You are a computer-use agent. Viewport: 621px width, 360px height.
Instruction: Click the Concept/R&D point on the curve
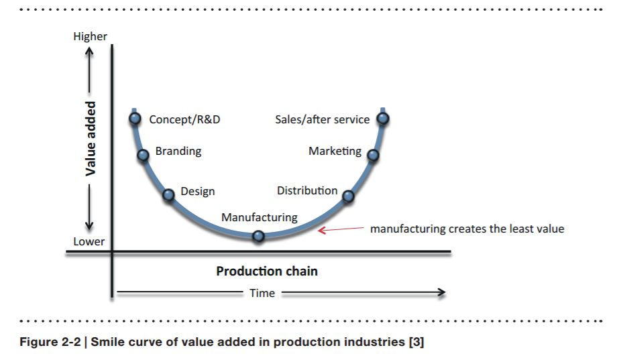[x=135, y=119]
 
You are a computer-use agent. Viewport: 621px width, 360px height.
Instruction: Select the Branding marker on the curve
[x=143, y=156]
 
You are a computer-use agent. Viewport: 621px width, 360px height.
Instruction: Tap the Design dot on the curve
[x=169, y=194]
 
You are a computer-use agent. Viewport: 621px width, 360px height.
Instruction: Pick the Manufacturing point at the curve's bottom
[x=258, y=236]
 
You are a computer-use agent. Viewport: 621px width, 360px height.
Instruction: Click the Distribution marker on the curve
[x=348, y=196]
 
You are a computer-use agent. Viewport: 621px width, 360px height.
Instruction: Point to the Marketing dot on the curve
[x=373, y=156]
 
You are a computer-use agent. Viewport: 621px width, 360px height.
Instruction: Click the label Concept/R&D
[x=184, y=119]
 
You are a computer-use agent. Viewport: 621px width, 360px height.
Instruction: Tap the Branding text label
[x=178, y=151]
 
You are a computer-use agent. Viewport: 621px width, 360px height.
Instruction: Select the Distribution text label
[x=307, y=190]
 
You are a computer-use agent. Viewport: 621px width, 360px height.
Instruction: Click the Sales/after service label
[x=322, y=119]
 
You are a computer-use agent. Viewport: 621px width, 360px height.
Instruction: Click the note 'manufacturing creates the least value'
[x=467, y=229]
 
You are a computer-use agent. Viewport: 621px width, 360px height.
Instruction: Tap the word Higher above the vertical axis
[x=90, y=36]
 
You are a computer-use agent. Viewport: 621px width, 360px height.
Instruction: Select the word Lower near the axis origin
[x=89, y=241]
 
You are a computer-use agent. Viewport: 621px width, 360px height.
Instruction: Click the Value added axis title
[x=91, y=139]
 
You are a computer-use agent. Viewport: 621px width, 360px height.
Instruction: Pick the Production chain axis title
[x=267, y=272]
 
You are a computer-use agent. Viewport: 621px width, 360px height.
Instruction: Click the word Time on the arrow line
[x=262, y=293]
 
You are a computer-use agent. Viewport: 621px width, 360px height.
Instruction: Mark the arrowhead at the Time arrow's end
[x=441, y=292]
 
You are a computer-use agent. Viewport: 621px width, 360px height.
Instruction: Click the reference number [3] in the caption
[x=416, y=343]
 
